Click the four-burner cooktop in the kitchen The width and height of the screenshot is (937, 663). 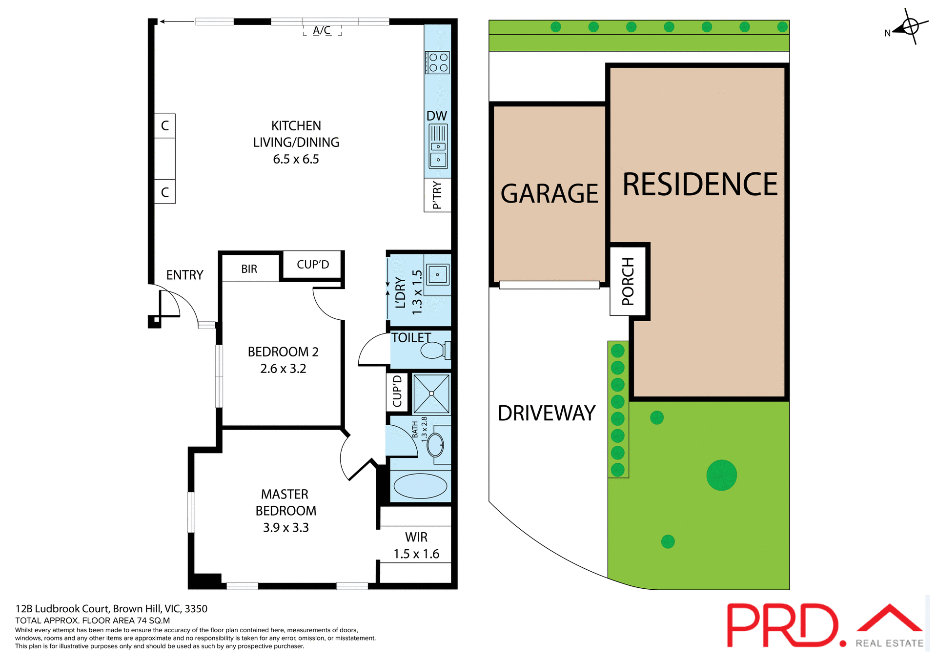pyautogui.click(x=437, y=62)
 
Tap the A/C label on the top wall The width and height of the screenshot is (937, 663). pyautogui.click(x=322, y=30)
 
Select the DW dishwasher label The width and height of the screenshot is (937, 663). pyautogui.click(x=436, y=116)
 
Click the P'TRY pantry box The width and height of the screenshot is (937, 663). pyautogui.click(x=437, y=195)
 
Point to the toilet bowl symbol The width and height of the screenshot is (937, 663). pyautogui.click(x=432, y=350)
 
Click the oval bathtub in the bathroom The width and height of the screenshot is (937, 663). pyautogui.click(x=420, y=486)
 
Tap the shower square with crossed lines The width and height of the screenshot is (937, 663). pyautogui.click(x=431, y=394)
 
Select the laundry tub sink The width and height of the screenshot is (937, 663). pyautogui.click(x=437, y=274)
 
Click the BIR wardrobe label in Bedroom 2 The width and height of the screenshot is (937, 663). pyautogui.click(x=249, y=269)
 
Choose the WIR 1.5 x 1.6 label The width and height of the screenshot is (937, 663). pyautogui.click(x=416, y=545)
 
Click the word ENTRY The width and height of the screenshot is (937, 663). pyautogui.click(x=184, y=275)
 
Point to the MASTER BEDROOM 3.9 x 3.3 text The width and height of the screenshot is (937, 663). pyautogui.click(x=285, y=511)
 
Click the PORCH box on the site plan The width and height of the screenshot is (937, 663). pyautogui.click(x=628, y=281)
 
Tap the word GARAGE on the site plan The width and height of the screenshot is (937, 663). pyautogui.click(x=549, y=194)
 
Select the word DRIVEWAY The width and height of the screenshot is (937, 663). pyautogui.click(x=547, y=414)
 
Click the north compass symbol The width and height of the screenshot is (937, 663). pyautogui.click(x=910, y=26)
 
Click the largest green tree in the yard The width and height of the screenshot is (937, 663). pyautogui.click(x=721, y=475)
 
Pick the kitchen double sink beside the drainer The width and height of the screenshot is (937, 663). pyautogui.click(x=438, y=153)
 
